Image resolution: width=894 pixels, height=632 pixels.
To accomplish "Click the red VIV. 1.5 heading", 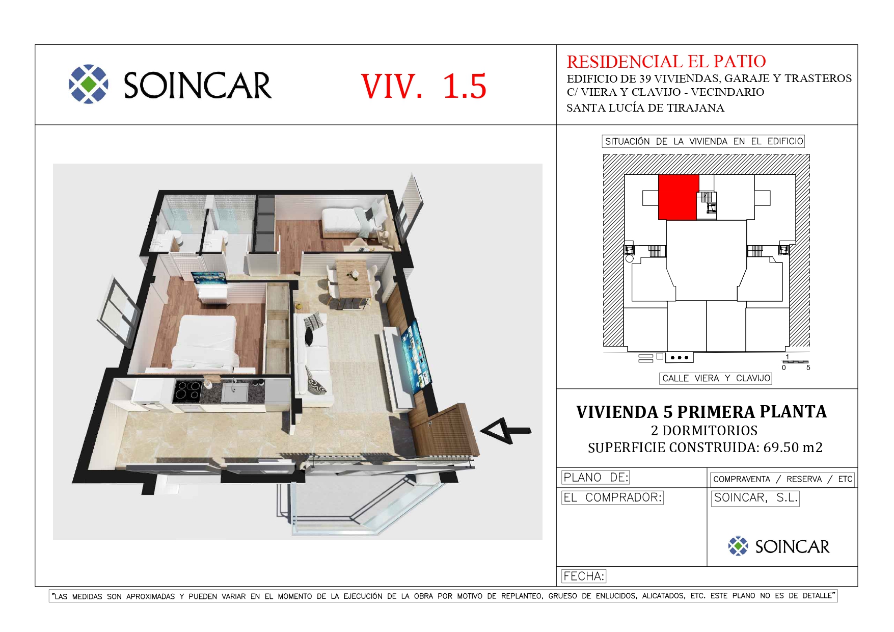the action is pos(423,86).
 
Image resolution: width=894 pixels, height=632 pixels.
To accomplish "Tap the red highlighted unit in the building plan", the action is pos(678,197).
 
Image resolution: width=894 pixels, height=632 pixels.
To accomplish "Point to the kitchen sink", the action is pos(235,392).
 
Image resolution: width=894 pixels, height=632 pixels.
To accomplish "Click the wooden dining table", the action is pos(354,278).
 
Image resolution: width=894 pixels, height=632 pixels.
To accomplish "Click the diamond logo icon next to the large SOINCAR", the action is pos(89,84).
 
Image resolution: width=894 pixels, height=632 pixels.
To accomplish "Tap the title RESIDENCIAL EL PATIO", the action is pos(666,62).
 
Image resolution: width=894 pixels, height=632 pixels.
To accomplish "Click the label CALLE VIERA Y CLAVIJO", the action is pos(716,378).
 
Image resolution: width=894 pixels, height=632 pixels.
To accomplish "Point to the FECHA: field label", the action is pos(584,576).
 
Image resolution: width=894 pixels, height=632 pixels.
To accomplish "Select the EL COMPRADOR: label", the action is pos(612,497).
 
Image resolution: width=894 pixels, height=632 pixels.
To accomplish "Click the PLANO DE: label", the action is pos(595,478).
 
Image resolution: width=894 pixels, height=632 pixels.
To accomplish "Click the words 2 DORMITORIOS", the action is pos(704,431).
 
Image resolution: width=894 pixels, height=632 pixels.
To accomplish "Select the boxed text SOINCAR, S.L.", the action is pos(755,498).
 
